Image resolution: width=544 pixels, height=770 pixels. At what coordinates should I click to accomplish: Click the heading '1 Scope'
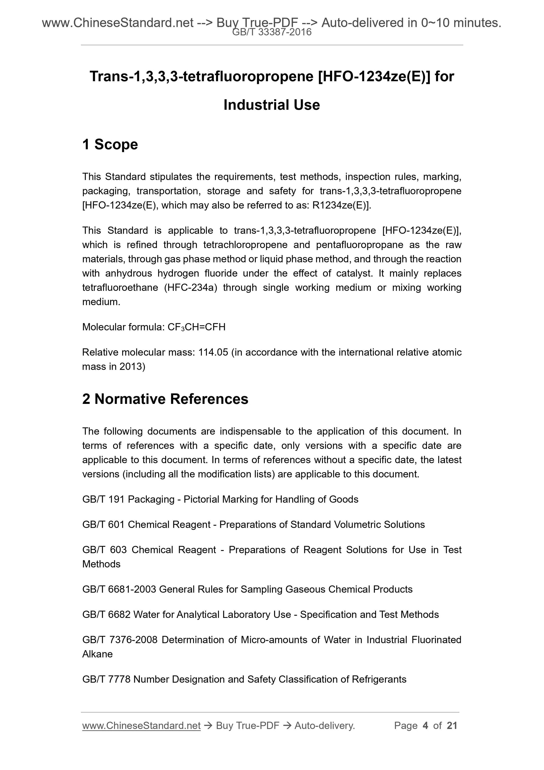tap(110, 145)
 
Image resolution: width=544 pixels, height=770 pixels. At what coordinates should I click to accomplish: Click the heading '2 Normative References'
tap(165, 399)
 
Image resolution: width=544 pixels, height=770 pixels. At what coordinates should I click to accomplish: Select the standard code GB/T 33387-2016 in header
tap(272, 32)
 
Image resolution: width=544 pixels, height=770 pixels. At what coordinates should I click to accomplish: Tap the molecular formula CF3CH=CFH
tap(197, 327)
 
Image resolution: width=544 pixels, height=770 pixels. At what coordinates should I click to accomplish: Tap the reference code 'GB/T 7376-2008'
tap(120, 640)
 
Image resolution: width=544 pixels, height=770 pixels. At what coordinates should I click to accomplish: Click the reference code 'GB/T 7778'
tap(106, 679)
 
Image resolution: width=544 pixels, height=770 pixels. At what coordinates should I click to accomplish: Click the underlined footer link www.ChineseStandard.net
tap(141, 726)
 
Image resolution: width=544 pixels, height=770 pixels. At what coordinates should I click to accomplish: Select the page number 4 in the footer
tap(425, 726)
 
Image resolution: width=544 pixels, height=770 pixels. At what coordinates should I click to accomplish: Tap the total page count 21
tap(452, 726)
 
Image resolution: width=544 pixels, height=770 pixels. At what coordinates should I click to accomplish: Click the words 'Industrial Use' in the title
tap(271, 105)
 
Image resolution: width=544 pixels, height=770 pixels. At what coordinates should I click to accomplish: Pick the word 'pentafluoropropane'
tap(359, 245)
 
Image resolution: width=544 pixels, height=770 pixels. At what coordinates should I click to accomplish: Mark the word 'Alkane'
tap(97, 654)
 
